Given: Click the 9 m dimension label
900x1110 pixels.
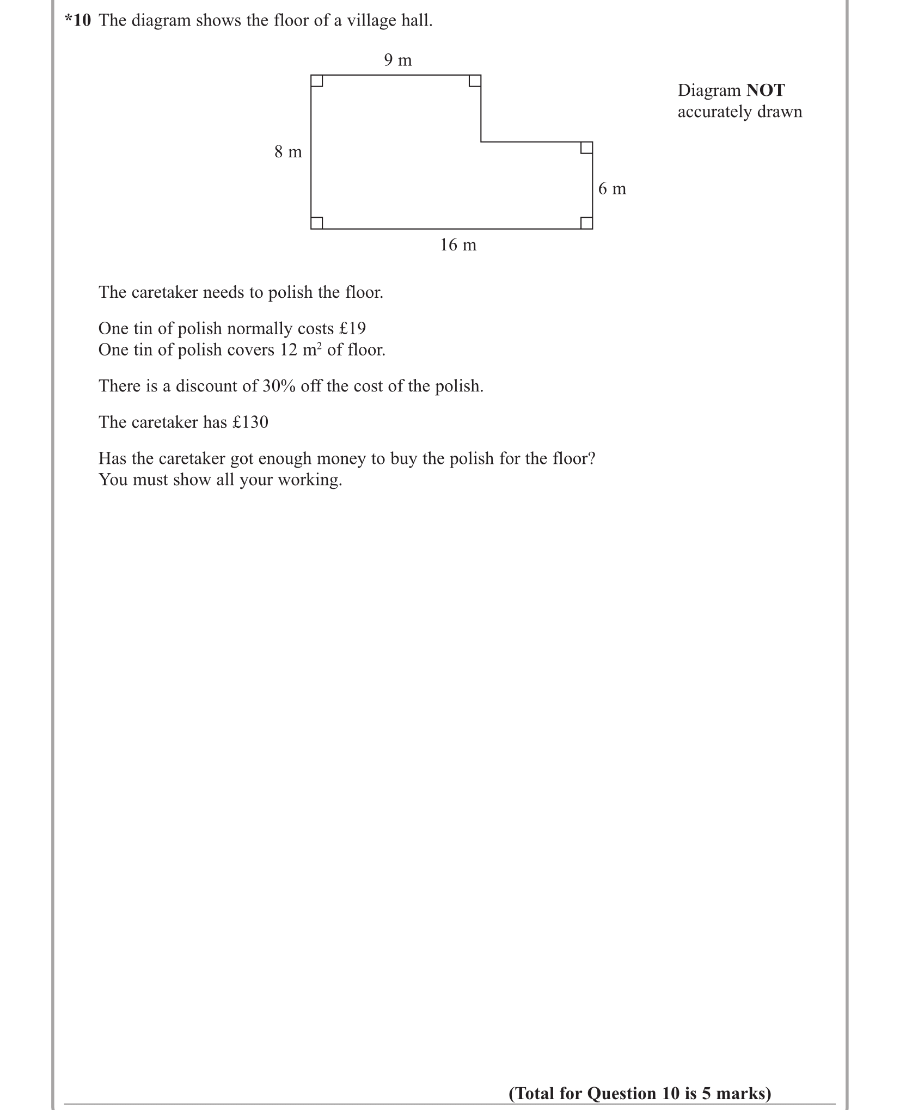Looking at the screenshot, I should pyautogui.click(x=397, y=60).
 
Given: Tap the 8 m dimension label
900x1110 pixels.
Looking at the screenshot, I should pyautogui.click(x=288, y=152).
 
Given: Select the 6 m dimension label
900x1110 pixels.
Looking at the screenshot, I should pyautogui.click(x=612, y=189).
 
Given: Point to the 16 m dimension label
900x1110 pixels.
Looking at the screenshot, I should pyautogui.click(x=458, y=245).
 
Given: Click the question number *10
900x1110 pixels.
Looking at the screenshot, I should pyautogui.click(x=77, y=21).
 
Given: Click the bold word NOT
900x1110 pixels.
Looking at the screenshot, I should pyautogui.click(x=765, y=90).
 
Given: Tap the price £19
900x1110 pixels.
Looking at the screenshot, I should pyautogui.click(x=352, y=328).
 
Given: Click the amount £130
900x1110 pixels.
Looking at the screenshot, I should pyautogui.click(x=250, y=422).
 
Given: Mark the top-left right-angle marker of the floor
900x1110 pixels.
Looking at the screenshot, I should pyautogui.click(x=317, y=81).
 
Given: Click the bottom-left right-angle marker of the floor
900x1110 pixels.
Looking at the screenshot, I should pyautogui.click(x=317, y=223).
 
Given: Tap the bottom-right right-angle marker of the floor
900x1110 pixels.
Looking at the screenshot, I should pyautogui.click(x=586, y=223).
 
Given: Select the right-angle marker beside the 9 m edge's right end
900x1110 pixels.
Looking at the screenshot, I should pyautogui.click(x=475, y=81).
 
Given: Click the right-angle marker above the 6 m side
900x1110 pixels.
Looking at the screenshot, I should pyautogui.click(x=586, y=148).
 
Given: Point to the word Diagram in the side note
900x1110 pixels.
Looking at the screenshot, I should pyautogui.click(x=709, y=90).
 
